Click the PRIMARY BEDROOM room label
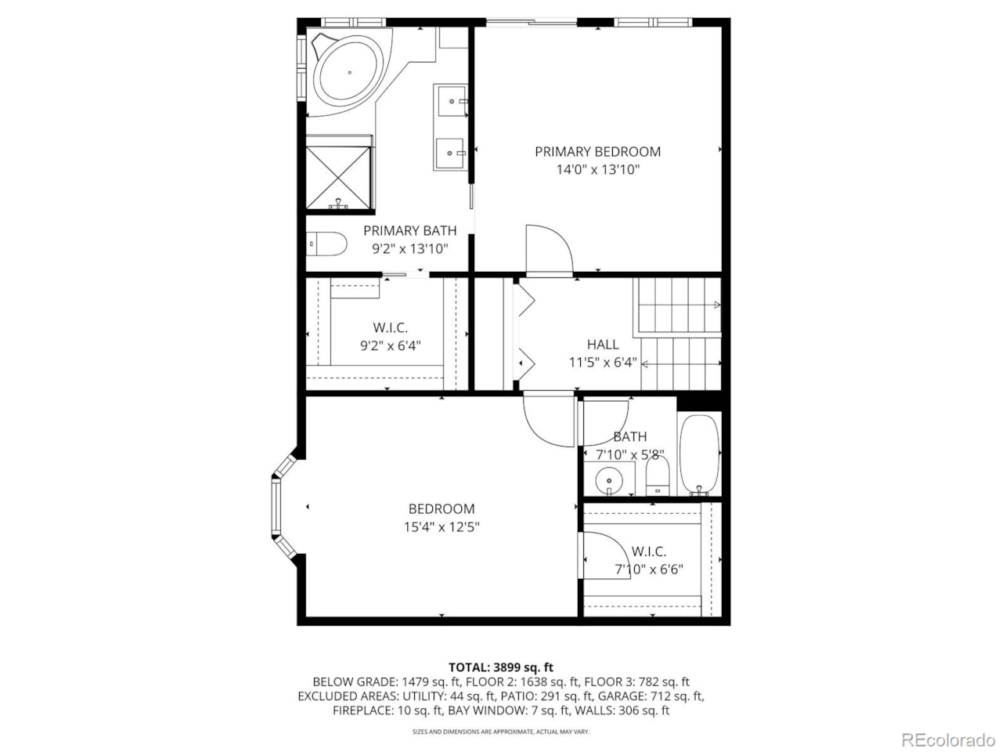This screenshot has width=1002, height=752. coord(597,151)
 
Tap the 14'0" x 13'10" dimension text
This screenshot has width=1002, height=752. coord(597,170)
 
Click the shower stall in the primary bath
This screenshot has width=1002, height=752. coord(339,173)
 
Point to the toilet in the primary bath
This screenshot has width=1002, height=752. coord(326,244)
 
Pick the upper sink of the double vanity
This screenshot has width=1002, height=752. coord(452,101)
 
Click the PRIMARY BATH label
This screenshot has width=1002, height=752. coord(409,230)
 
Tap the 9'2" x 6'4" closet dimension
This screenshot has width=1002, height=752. coord(390,345)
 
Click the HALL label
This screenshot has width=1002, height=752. coord(602,344)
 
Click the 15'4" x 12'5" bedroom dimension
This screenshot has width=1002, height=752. coord(441,527)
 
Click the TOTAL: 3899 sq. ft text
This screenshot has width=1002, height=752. coord(500,667)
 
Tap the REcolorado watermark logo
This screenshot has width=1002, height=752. coord(947,739)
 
